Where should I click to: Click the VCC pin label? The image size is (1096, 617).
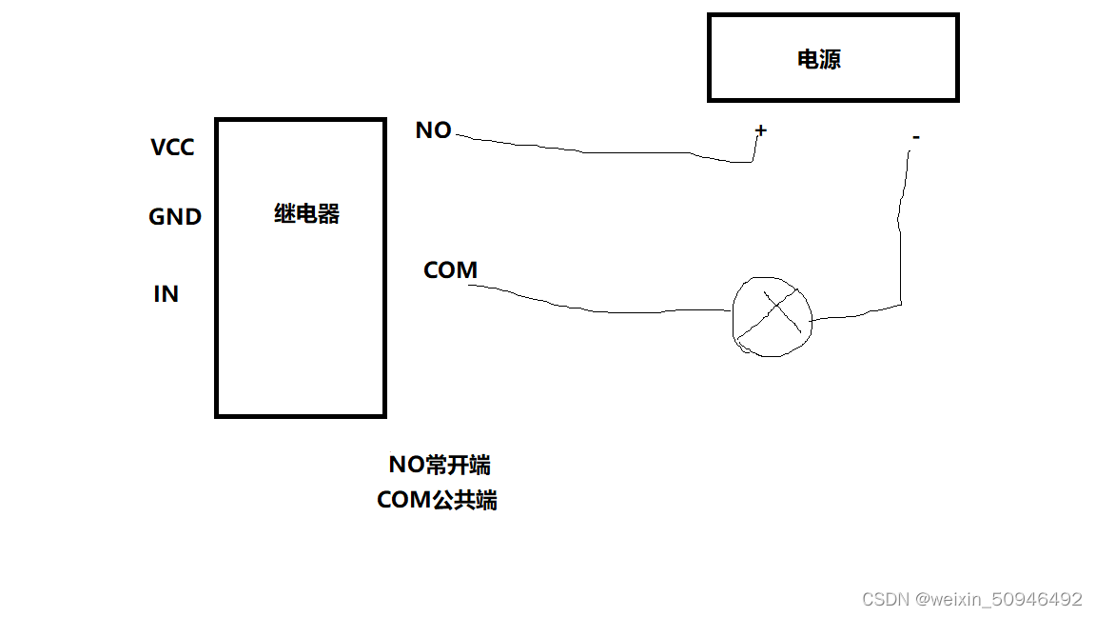[x=172, y=148]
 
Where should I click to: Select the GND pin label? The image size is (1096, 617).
[x=175, y=217]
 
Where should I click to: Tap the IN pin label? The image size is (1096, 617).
[x=166, y=294]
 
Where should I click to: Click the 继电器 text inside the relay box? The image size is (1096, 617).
[x=306, y=214]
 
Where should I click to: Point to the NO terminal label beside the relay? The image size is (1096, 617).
[x=433, y=130]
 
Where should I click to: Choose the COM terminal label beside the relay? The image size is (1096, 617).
[x=450, y=270]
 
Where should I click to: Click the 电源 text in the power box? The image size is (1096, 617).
[x=818, y=59]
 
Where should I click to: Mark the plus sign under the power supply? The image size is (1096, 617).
[x=760, y=129]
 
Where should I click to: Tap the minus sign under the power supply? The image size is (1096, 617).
[x=915, y=138]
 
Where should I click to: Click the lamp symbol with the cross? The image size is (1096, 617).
[x=773, y=317]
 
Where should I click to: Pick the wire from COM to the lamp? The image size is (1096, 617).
[x=599, y=310]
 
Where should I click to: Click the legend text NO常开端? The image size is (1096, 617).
[x=439, y=465]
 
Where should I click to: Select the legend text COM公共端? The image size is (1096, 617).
[x=437, y=500]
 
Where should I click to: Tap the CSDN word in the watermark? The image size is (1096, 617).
[x=885, y=599]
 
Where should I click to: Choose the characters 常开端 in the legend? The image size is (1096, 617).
[x=460, y=465]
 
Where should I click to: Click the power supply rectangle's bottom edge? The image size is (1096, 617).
[x=832, y=98]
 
